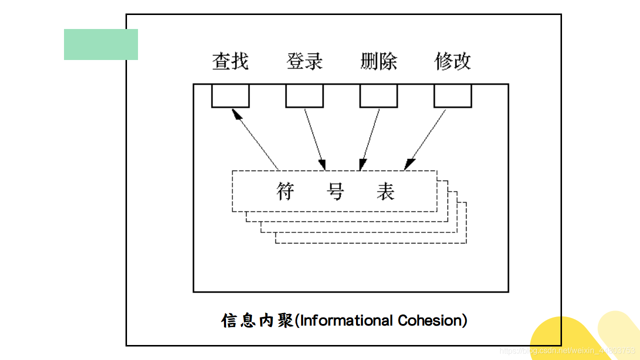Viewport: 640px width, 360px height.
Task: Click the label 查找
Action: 230,61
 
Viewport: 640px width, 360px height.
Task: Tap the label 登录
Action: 304,61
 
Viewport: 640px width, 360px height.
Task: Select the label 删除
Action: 378,61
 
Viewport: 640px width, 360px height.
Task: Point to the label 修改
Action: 452,61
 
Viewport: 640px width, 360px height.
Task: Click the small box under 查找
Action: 230,95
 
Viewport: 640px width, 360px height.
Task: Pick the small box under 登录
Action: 304,95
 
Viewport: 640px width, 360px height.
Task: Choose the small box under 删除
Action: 378,95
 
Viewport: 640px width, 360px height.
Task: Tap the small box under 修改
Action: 452,95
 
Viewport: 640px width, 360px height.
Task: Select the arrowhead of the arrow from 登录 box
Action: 322,164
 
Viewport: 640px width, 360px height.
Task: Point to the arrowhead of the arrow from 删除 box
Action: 362,164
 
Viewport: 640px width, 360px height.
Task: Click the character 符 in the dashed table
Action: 286,191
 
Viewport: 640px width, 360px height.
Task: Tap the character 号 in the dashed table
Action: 335,191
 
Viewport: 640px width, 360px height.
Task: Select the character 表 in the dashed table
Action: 385,191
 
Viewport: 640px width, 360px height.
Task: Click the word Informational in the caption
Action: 346,320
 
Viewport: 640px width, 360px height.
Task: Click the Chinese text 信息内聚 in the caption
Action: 257,320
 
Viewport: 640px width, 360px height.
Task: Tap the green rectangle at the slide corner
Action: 100,44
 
